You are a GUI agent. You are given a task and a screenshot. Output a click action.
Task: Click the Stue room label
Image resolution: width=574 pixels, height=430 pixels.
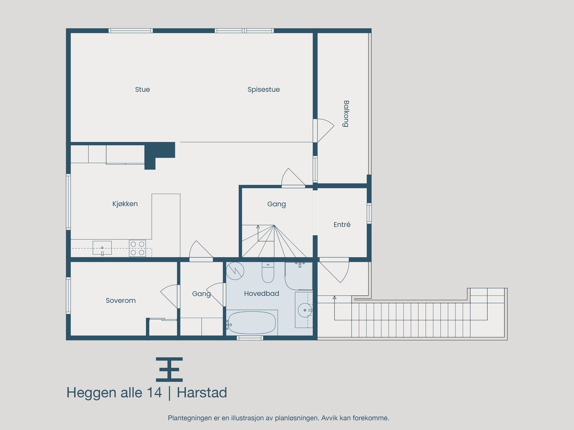tap(142, 90)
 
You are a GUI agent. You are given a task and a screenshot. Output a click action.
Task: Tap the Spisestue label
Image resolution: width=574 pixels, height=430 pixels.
tap(263, 90)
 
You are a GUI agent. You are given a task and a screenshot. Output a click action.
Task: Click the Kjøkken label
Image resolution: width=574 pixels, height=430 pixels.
tap(125, 204)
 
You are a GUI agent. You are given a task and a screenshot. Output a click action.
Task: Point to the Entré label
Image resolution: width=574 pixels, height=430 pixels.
tap(342, 225)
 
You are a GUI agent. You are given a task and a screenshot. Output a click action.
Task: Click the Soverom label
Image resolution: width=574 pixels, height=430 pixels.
tap(121, 301)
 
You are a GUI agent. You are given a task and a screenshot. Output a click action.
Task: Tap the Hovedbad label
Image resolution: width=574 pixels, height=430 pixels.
tap(261, 293)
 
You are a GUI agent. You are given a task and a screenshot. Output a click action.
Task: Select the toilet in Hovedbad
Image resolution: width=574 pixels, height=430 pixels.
tap(268, 273)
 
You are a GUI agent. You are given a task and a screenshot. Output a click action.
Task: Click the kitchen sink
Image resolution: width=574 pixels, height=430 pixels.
tap(102, 248)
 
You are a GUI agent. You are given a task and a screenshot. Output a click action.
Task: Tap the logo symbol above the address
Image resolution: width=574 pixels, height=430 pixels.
tap(169, 369)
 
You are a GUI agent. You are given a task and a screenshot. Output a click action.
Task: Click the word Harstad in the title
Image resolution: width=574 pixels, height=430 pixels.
tap(202, 393)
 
